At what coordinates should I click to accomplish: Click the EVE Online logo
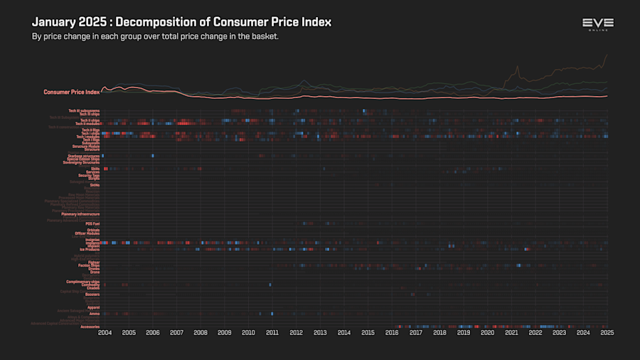[x=597, y=25]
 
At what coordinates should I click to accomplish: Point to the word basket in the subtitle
[x=262, y=36]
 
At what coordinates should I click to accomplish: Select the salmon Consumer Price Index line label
[x=71, y=92]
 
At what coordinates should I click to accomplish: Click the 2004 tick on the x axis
[x=105, y=332]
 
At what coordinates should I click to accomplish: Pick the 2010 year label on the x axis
[x=248, y=332]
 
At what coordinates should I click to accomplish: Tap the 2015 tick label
[x=368, y=332]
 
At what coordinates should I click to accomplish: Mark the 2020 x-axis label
[x=488, y=332]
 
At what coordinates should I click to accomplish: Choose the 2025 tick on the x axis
[x=607, y=332]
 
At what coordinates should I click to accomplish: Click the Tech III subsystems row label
[x=84, y=110]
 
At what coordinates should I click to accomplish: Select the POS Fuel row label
[x=92, y=223]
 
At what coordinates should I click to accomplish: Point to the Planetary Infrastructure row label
[x=80, y=214]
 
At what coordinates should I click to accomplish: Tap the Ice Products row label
[x=89, y=250]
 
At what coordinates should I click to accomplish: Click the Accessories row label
[x=90, y=327]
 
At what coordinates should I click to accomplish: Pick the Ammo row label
[x=95, y=314]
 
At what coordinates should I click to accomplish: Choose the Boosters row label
[x=92, y=295]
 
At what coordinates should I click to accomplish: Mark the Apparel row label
[x=93, y=307]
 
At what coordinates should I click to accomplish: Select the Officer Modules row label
[x=87, y=233]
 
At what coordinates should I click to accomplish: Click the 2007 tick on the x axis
[x=176, y=332]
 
